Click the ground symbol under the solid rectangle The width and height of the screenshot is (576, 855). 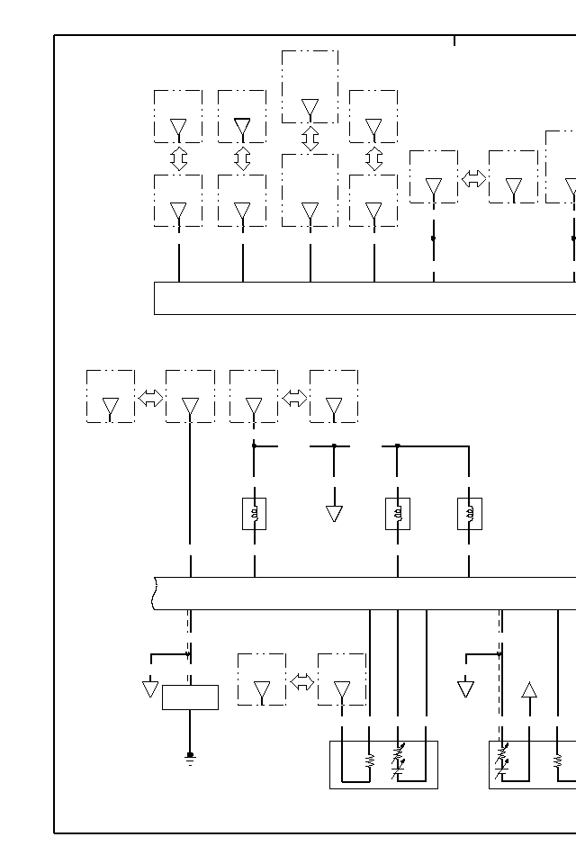pyautogui.click(x=190, y=759)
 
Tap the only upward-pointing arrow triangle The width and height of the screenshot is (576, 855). pyautogui.click(x=529, y=690)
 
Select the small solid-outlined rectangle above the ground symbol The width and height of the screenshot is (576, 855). pyautogui.click(x=190, y=697)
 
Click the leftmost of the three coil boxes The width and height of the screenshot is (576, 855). pyautogui.click(x=254, y=514)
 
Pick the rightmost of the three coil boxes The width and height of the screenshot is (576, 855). pyautogui.click(x=469, y=514)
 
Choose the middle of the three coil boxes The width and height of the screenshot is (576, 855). pyautogui.click(x=398, y=514)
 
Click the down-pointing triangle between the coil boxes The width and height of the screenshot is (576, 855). pyautogui.click(x=334, y=513)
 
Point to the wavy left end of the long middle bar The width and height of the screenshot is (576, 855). pyautogui.click(x=157, y=593)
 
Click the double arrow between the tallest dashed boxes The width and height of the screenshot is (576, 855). pyautogui.click(x=310, y=139)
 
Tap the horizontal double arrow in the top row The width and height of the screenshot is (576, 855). pyautogui.click(x=473, y=178)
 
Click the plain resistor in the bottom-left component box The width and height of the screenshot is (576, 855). pyautogui.click(x=370, y=760)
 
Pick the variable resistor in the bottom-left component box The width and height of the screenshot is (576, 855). pyautogui.click(x=399, y=760)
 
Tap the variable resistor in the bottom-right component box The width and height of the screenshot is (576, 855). pyautogui.click(x=502, y=760)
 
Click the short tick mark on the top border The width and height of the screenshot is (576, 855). pyautogui.click(x=454, y=40)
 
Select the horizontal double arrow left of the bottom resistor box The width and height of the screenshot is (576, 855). pyautogui.click(x=302, y=681)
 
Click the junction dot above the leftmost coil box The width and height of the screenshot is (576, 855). pyautogui.click(x=254, y=445)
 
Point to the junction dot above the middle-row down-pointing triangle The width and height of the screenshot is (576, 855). pyautogui.click(x=334, y=445)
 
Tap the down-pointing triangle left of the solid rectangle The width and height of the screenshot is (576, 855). pyautogui.click(x=150, y=688)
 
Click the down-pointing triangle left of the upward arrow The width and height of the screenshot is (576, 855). pyautogui.click(x=465, y=688)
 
